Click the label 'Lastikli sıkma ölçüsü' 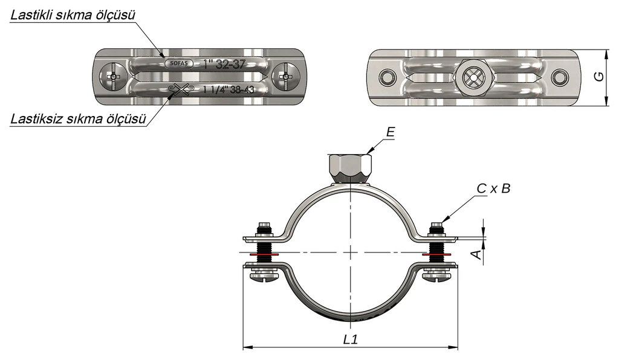(x=73, y=15)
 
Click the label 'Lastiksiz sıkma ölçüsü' (x=78, y=118)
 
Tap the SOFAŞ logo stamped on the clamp (x=179, y=63)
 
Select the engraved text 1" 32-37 (x=224, y=64)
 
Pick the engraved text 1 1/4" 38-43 (x=228, y=89)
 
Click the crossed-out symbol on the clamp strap (x=180, y=90)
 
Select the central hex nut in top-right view (x=473, y=77)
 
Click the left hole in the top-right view (x=386, y=77)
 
